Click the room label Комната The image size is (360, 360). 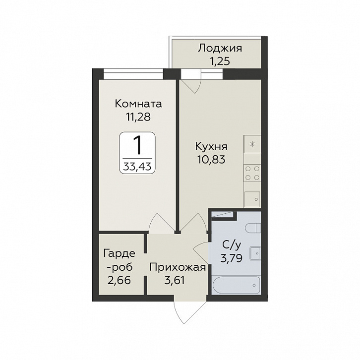[138, 104]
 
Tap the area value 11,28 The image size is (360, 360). [138, 117]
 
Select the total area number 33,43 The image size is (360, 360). [137, 166]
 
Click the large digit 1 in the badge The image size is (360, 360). [137, 145]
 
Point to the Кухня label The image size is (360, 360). [211, 147]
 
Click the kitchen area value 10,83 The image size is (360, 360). [211, 160]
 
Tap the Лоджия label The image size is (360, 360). [220, 49]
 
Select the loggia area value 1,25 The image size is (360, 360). [220, 61]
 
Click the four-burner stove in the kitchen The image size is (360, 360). [252, 173]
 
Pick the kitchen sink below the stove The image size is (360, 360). [252, 199]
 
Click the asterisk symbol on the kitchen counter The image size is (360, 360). [252, 144]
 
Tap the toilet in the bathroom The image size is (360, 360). [253, 228]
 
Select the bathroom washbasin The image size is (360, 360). [255, 253]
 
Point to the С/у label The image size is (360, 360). [232, 245]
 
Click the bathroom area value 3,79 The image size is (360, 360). [232, 258]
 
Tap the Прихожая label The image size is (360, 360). [178, 267]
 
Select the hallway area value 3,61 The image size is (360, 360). [175, 280]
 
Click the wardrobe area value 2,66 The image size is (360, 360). [119, 280]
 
